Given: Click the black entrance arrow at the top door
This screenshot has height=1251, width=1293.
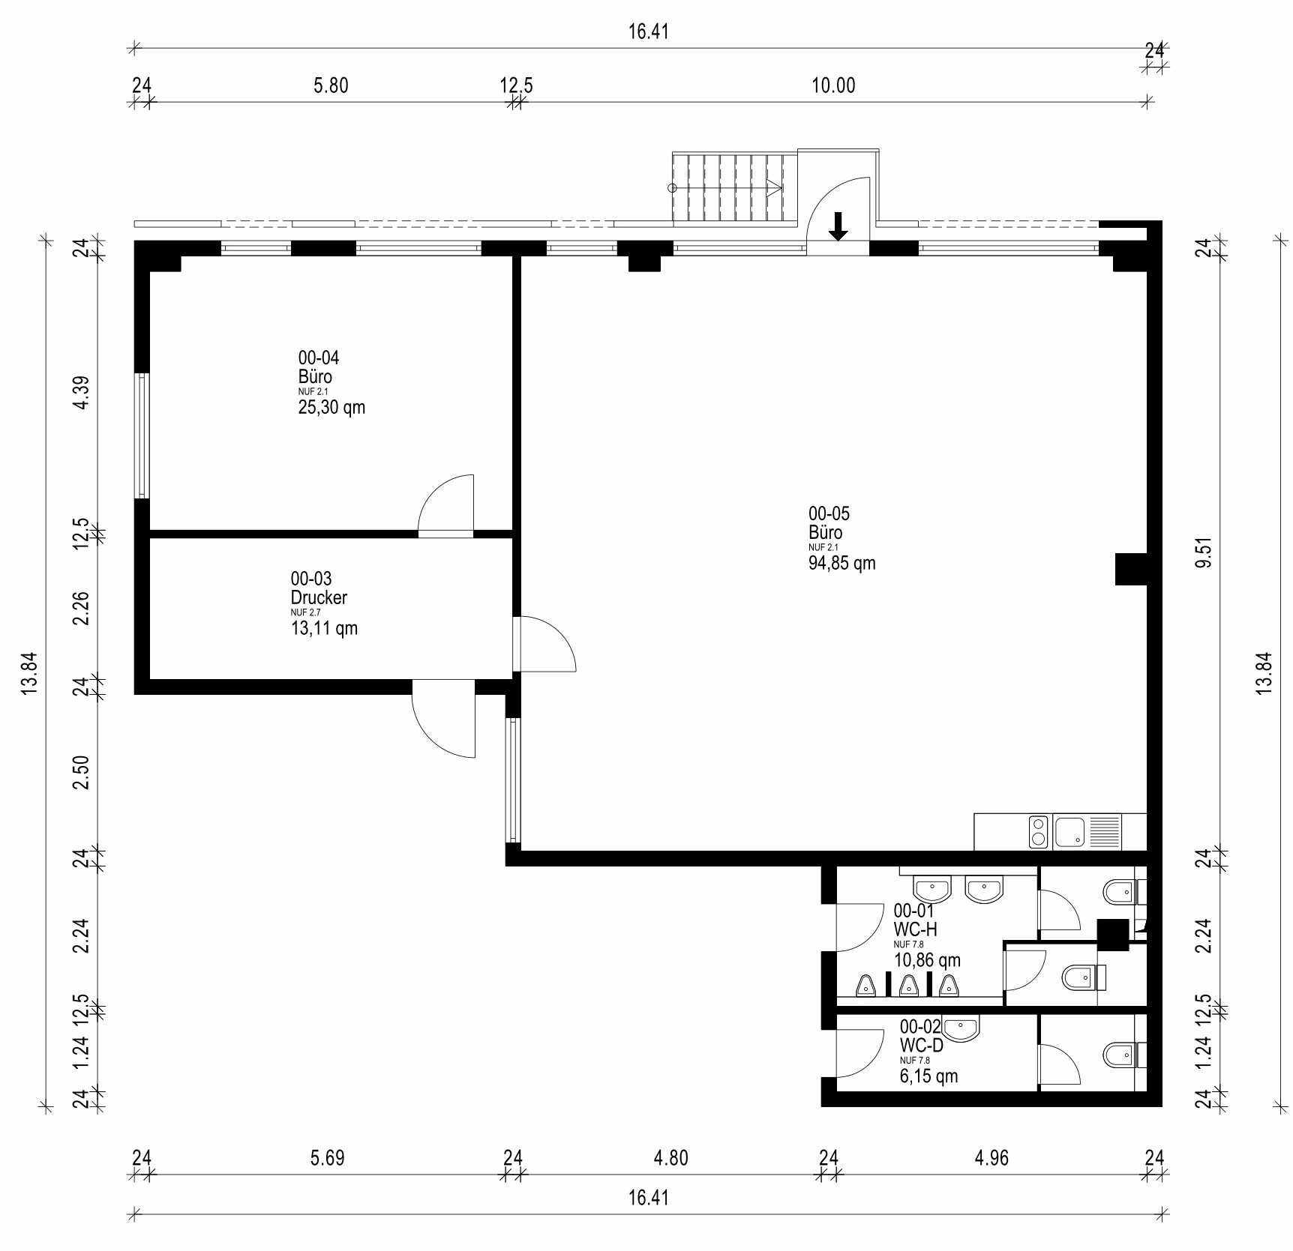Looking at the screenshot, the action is click(838, 226).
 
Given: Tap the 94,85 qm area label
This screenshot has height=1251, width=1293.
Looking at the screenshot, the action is click(841, 563).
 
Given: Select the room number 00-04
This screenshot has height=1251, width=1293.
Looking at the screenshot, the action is click(319, 358).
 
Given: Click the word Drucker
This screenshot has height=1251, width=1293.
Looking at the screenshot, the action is click(319, 597).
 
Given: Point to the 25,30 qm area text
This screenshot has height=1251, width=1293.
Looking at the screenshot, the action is click(331, 407).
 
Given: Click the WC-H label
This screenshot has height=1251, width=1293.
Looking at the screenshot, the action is click(915, 929).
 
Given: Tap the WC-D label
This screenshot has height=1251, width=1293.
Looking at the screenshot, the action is click(921, 1044).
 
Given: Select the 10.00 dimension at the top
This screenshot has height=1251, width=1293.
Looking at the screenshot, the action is click(833, 85).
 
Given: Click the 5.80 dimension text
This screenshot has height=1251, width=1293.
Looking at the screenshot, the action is click(331, 85).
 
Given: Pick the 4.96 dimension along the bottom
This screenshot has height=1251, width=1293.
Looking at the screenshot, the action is click(991, 1158).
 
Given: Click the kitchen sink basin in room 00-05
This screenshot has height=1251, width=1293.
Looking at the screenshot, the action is click(1069, 832).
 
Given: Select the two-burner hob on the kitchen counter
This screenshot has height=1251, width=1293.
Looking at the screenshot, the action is click(1039, 832).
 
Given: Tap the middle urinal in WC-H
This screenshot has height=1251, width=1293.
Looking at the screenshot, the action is click(908, 986).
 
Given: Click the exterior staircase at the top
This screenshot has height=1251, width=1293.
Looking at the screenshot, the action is click(734, 187).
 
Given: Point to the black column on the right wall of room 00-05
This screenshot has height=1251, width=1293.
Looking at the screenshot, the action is click(1131, 569).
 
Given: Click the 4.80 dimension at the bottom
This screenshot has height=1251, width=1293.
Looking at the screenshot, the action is click(670, 1158).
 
